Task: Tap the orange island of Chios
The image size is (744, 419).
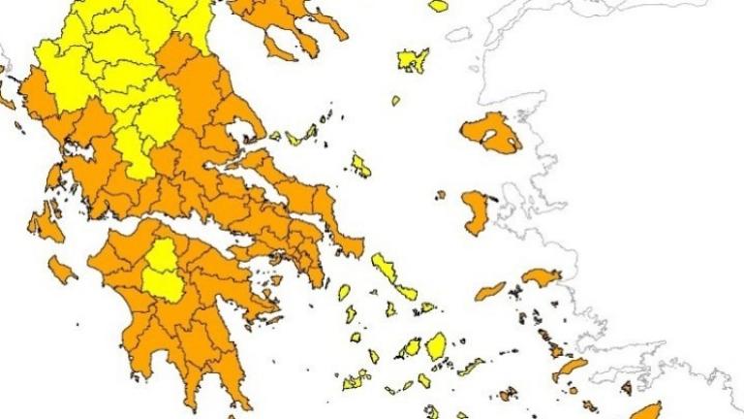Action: (x=475, y=212)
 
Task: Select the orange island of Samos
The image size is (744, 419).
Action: (x=542, y=276)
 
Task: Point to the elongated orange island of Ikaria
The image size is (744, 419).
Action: (x=490, y=291)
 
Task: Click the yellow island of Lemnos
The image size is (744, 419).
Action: (x=412, y=61)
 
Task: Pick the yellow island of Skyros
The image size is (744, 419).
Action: (x=360, y=166)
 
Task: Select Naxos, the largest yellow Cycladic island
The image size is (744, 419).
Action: (x=437, y=345)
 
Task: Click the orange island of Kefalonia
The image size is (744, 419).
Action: (x=45, y=225)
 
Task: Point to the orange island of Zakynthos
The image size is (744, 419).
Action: (x=61, y=269)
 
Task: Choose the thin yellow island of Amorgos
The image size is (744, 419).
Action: (x=472, y=367)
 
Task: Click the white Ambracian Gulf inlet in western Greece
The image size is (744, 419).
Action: (x=78, y=152)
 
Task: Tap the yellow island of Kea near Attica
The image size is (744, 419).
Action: (x=344, y=292)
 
